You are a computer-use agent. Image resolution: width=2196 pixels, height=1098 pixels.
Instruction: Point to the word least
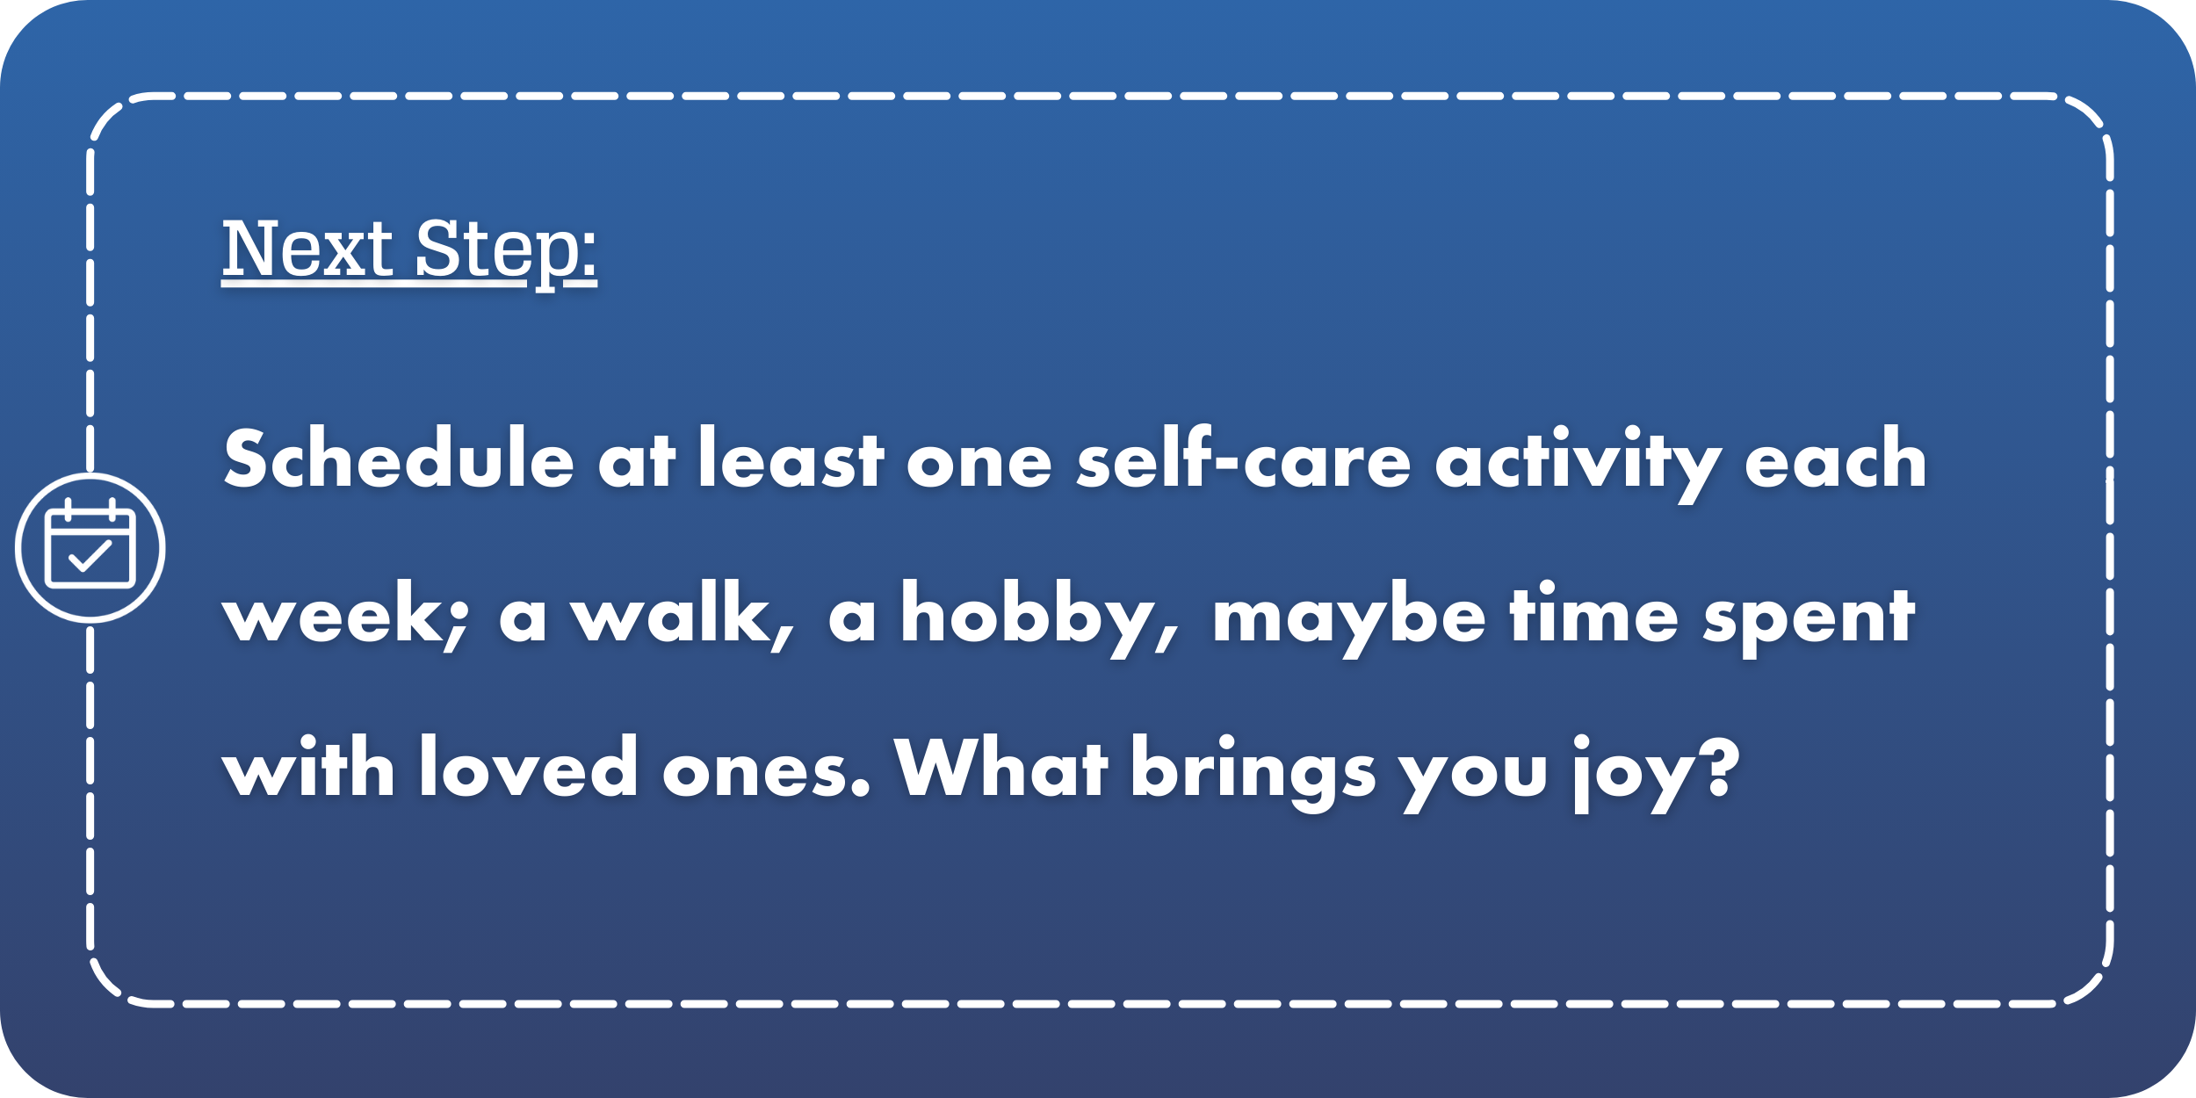point(791,459)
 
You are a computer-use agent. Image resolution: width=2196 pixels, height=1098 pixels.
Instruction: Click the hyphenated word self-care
point(1243,459)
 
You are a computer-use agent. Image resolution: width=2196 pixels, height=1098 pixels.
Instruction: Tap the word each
point(1835,459)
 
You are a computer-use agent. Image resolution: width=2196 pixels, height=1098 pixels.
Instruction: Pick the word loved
point(528,768)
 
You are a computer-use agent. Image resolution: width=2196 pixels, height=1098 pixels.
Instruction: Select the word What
point(1000,768)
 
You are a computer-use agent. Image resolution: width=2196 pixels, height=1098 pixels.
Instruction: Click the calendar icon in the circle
point(90,547)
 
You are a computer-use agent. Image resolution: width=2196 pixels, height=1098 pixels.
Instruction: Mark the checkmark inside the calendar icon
point(90,556)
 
